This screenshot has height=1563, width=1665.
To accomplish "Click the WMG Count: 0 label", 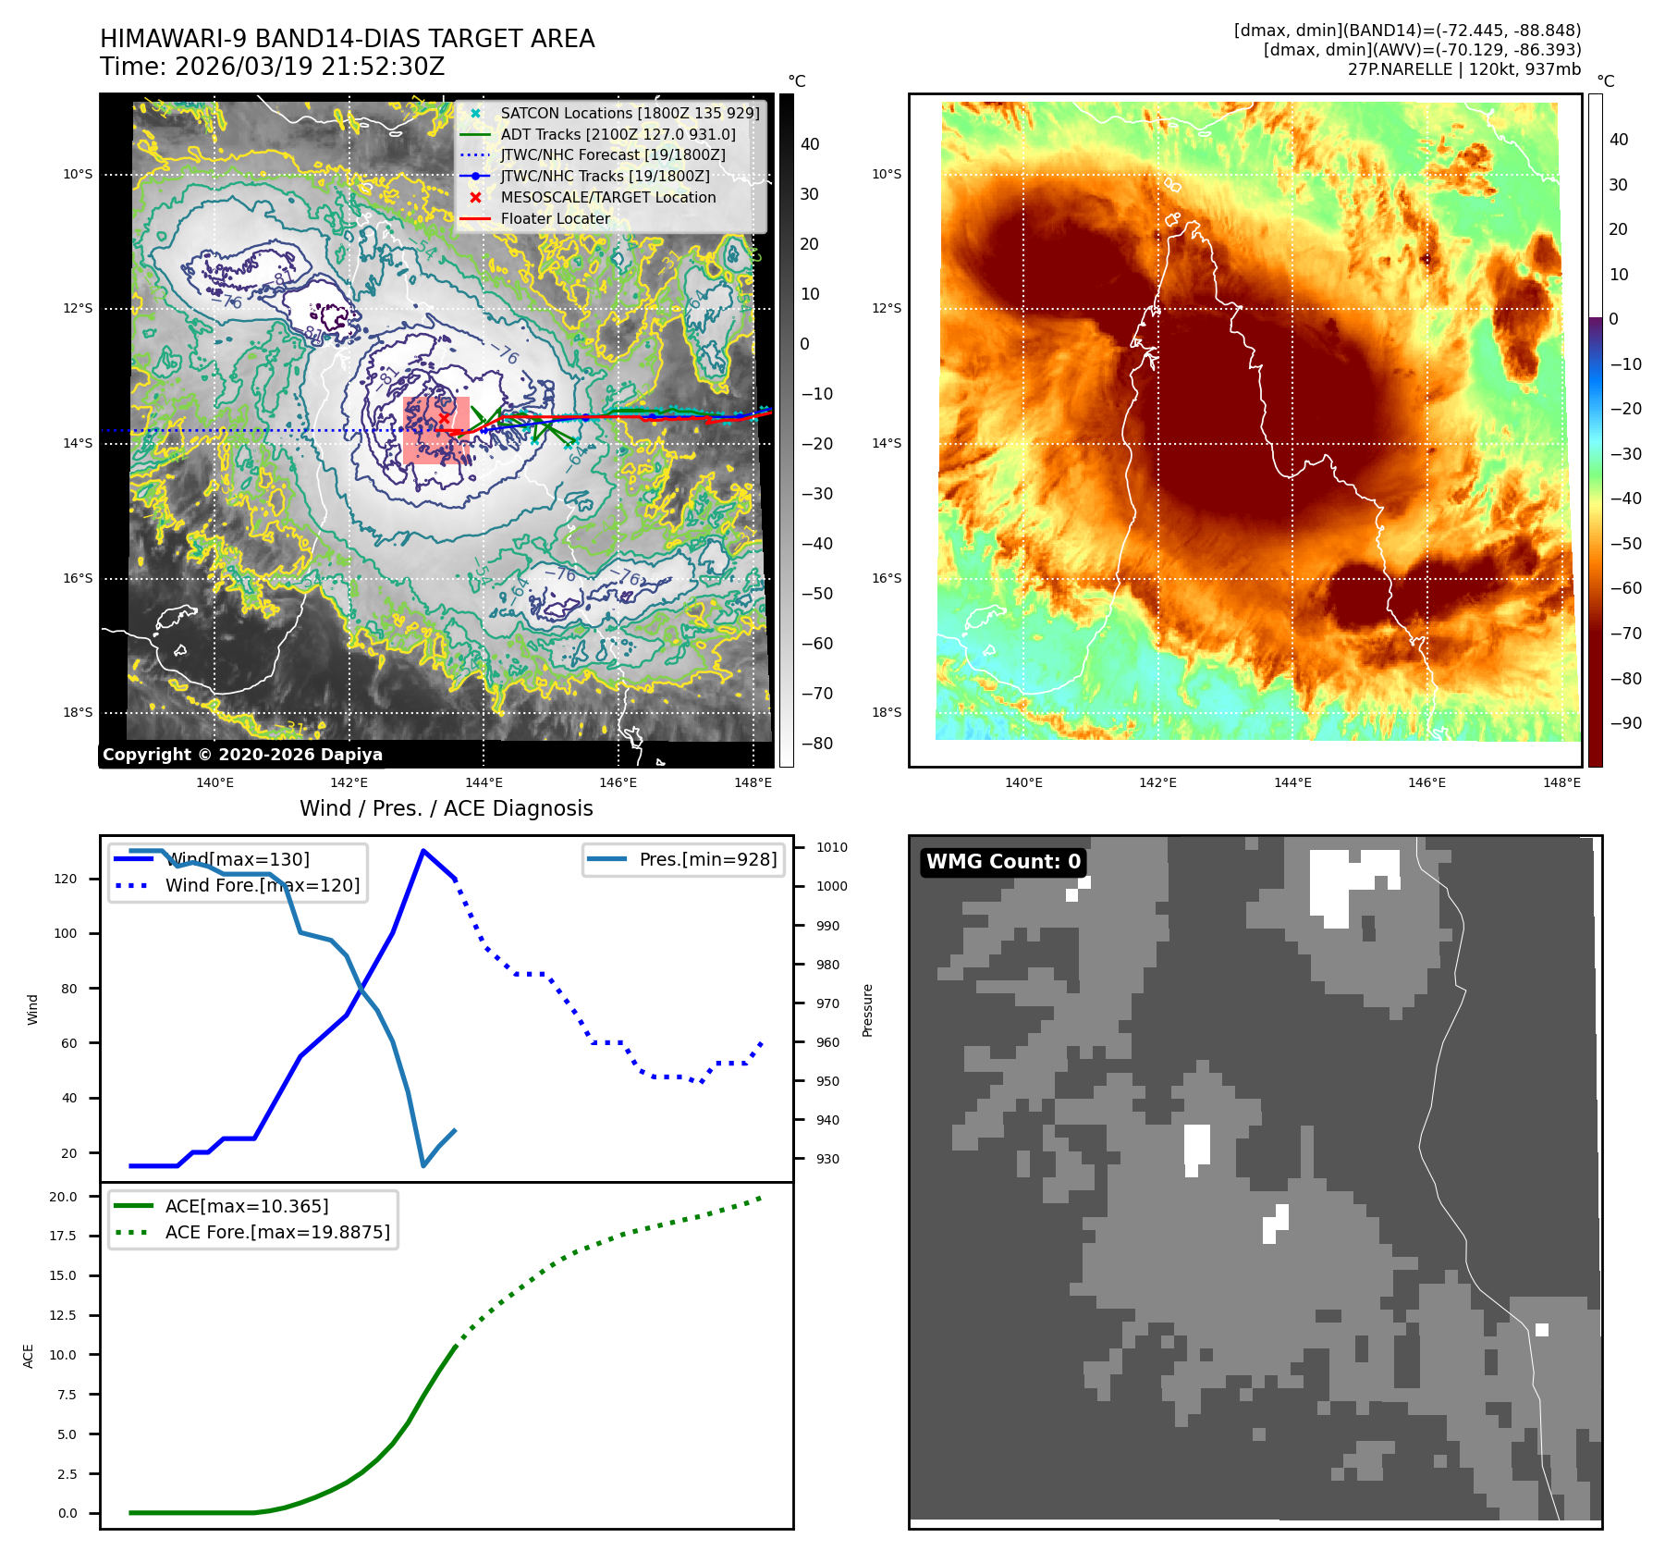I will (x=1003, y=862).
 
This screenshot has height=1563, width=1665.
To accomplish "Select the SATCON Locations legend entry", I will (x=629, y=113).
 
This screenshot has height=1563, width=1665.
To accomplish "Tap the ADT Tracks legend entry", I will (x=618, y=134).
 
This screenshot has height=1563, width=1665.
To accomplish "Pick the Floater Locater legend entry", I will (x=555, y=218).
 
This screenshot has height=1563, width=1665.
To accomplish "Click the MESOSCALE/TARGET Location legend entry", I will (x=607, y=197).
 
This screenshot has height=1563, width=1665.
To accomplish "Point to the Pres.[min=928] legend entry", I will (x=707, y=859).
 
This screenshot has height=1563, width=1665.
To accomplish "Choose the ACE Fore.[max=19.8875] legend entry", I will (x=276, y=1232).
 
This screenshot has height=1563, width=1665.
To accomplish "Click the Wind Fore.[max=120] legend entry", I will (x=262, y=885).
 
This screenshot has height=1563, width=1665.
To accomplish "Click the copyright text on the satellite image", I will (x=242, y=755).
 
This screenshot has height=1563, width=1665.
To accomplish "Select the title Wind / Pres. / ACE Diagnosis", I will (x=446, y=808).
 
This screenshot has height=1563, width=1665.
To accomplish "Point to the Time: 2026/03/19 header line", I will (x=273, y=67).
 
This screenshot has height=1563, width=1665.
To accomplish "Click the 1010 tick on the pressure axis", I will (x=831, y=847).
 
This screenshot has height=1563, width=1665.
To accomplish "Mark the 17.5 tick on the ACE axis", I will (x=64, y=1236).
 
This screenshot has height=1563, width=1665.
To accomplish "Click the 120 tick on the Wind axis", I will (x=66, y=879).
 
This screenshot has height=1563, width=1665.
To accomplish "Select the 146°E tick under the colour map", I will (x=1426, y=782).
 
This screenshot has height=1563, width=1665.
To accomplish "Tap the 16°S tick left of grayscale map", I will (x=78, y=578).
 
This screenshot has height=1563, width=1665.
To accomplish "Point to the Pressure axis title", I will (x=867, y=1010).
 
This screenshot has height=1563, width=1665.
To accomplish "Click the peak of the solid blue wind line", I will (x=423, y=851).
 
